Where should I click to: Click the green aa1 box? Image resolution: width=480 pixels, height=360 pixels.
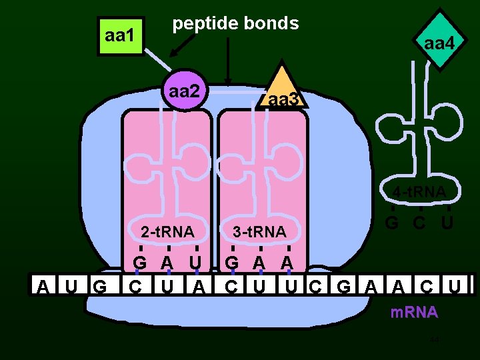point(120,35)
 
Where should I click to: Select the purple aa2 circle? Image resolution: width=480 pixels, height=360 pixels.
point(184,91)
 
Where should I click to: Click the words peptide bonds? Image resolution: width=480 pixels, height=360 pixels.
point(235,23)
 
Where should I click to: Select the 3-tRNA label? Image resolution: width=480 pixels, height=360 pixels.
point(259,232)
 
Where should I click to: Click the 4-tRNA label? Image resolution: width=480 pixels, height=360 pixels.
point(419,193)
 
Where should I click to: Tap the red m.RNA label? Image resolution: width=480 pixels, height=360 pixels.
point(415,312)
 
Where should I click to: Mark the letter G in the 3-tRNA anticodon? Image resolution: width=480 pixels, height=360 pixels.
point(231,262)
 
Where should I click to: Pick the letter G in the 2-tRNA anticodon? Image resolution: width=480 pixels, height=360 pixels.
point(140,262)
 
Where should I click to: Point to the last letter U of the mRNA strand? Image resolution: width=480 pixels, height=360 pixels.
point(454,287)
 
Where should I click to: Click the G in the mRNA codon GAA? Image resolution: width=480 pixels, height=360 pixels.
point(344,287)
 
